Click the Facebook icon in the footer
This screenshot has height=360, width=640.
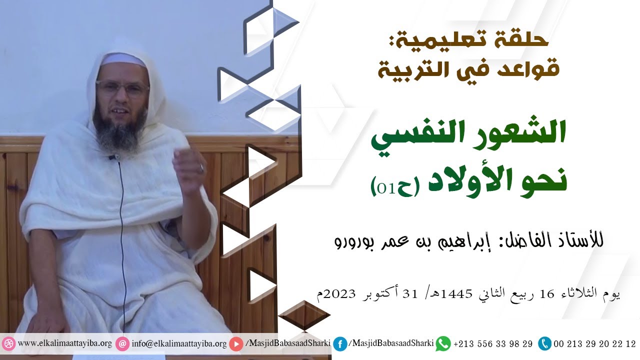[x=340, y=344]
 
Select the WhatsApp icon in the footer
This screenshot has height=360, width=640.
[x=443, y=344]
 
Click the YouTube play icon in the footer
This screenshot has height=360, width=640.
[x=236, y=344]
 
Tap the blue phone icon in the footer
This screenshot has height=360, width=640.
[x=544, y=344]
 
